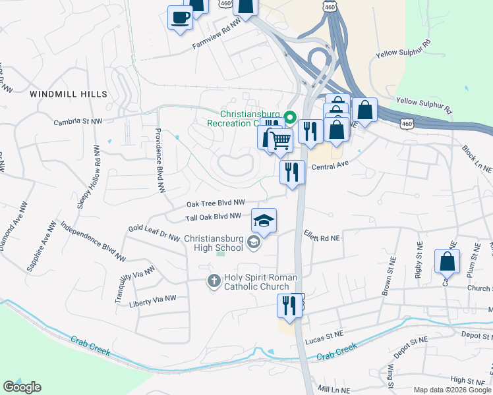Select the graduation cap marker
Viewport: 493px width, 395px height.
(264, 221)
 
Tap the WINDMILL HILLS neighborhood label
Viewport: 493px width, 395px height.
(69, 95)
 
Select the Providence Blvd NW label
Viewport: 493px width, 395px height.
(159, 159)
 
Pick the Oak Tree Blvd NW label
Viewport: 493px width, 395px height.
(216, 203)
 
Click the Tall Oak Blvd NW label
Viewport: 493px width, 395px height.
(213, 217)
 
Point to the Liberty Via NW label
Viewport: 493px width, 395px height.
(153, 299)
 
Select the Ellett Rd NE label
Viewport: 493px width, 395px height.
(322, 235)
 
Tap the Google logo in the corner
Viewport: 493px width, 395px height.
(22, 386)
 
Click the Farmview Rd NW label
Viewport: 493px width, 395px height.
(217, 41)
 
